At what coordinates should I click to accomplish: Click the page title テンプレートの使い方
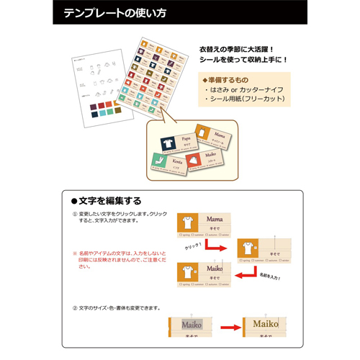click(x=115, y=13)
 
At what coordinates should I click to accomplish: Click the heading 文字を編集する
click(x=107, y=200)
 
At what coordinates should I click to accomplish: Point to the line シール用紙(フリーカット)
click(x=245, y=99)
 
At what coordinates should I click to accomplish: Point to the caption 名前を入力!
click(x=268, y=276)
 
